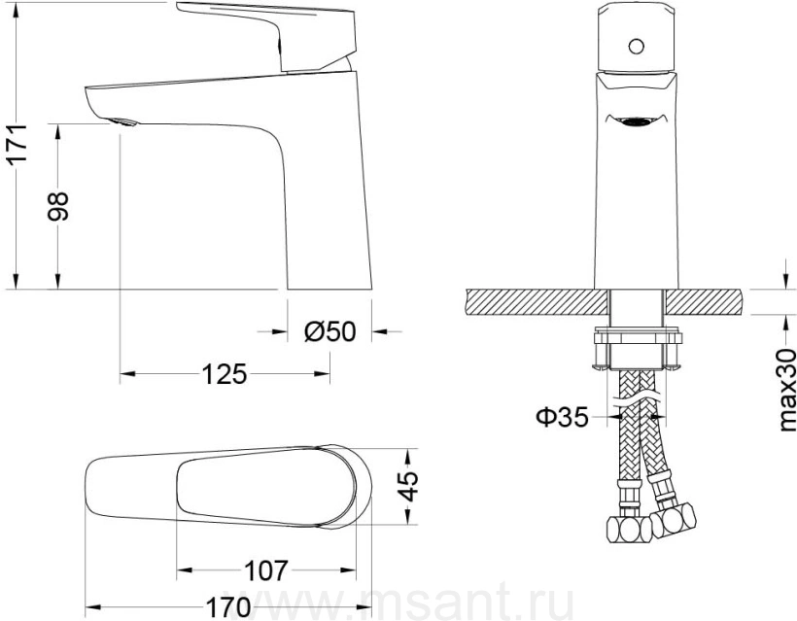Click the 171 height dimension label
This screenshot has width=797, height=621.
coord(17,143)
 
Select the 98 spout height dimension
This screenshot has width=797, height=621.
coord(57,206)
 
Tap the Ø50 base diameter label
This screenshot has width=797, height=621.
coord(329,331)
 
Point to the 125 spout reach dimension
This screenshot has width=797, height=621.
coord(225,374)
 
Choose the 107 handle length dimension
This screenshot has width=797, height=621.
coord(266,570)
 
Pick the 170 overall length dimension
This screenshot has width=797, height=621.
coord(227,607)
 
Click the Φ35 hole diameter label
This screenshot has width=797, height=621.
coord(562,417)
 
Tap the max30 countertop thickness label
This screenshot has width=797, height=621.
coord(787,391)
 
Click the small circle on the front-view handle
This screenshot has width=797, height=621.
coord(636,47)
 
